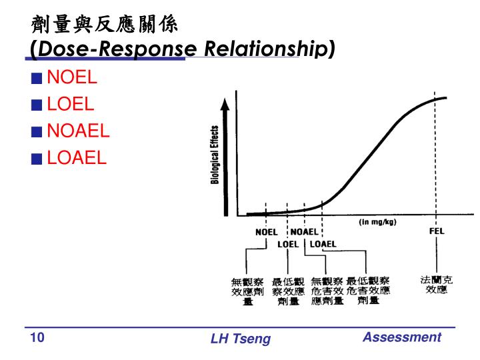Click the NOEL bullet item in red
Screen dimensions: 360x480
tap(72, 77)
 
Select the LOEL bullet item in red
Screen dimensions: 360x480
tap(71, 104)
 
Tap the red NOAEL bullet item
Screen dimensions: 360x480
tap(78, 131)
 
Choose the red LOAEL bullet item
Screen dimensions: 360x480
tap(77, 157)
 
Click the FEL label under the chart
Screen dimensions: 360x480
tap(436, 231)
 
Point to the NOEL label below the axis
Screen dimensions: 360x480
tap(266, 232)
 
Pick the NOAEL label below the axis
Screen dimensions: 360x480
tap(305, 232)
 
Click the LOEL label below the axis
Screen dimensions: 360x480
tap(288, 244)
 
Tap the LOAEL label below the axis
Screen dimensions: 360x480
tap(323, 244)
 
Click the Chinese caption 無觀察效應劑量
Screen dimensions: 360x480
tap(247, 291)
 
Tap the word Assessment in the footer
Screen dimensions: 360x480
tap(401, 337)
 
